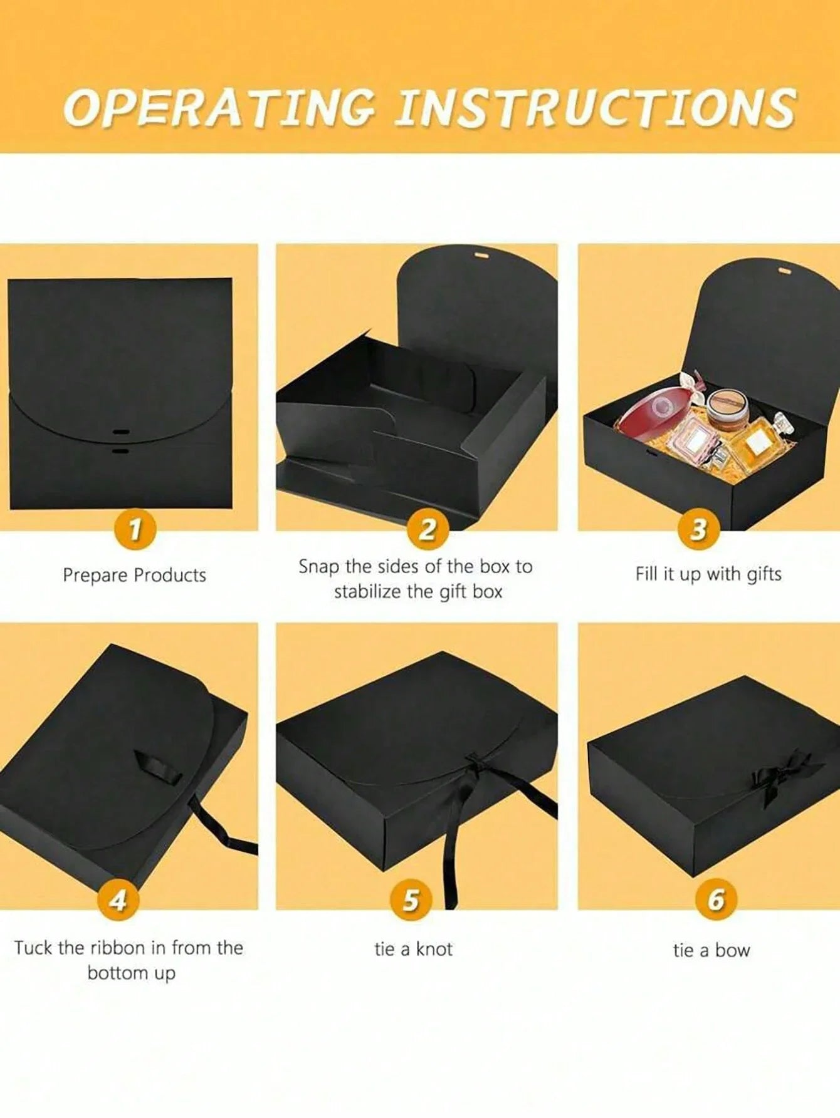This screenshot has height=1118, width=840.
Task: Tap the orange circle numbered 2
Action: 428,530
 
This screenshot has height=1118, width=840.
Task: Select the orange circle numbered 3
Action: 698,530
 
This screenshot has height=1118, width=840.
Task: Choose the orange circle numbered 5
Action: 411,901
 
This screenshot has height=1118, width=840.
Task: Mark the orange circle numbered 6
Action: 716,901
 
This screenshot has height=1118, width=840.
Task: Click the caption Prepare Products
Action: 134,575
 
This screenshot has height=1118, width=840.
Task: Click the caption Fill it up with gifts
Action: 708,574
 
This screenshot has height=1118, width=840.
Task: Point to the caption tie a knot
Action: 413,949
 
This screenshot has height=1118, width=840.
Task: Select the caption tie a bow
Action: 711,950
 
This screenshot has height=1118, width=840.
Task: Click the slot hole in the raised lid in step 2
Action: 481,257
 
